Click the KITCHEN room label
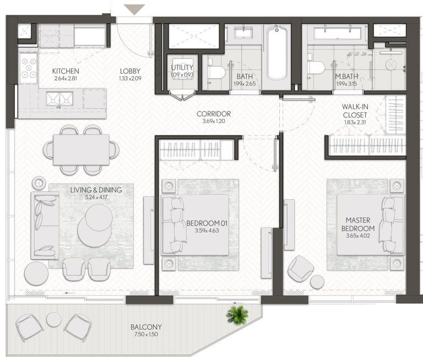[66, 71]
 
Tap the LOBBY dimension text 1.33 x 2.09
[130, 79]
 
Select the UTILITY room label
[182, 67]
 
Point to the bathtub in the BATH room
[277, 53]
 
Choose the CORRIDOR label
[214, 114]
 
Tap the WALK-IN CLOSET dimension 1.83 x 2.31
[355, 122]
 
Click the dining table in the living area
[81, 149]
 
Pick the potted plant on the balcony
[237, 315]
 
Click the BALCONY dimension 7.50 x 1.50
[146, 334]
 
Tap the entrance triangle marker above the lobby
[134, 9]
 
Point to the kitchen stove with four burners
[29, 68]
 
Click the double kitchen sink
[59, 99]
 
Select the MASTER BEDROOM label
[358, 224]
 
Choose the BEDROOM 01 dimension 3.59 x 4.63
[207, 230]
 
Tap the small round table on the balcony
[54, 320]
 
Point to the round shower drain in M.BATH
[391, 65]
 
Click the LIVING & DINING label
[96, 190]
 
